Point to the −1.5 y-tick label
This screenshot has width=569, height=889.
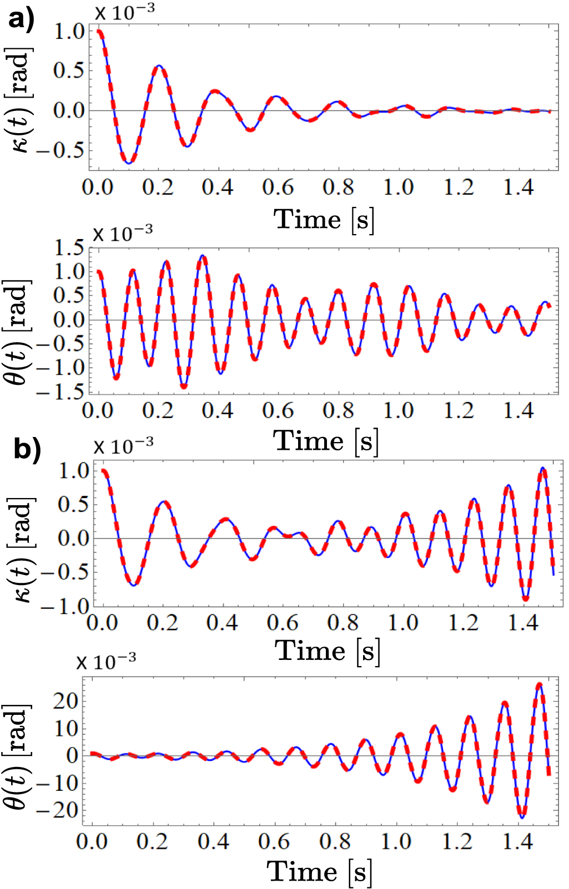63,392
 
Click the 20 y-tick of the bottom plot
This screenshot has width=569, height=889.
66,702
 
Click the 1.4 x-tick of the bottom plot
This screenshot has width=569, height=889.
518,841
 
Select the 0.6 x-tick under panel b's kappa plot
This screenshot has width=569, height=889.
283,623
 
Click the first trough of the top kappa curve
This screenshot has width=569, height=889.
129,162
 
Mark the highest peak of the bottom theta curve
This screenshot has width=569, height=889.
538,685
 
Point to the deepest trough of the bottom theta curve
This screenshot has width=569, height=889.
522,817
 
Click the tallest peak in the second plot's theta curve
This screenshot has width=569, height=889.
203,256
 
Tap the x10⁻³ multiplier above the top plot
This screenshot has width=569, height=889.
124,12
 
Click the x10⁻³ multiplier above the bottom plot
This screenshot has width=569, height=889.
106,661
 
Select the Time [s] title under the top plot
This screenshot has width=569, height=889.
324,220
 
